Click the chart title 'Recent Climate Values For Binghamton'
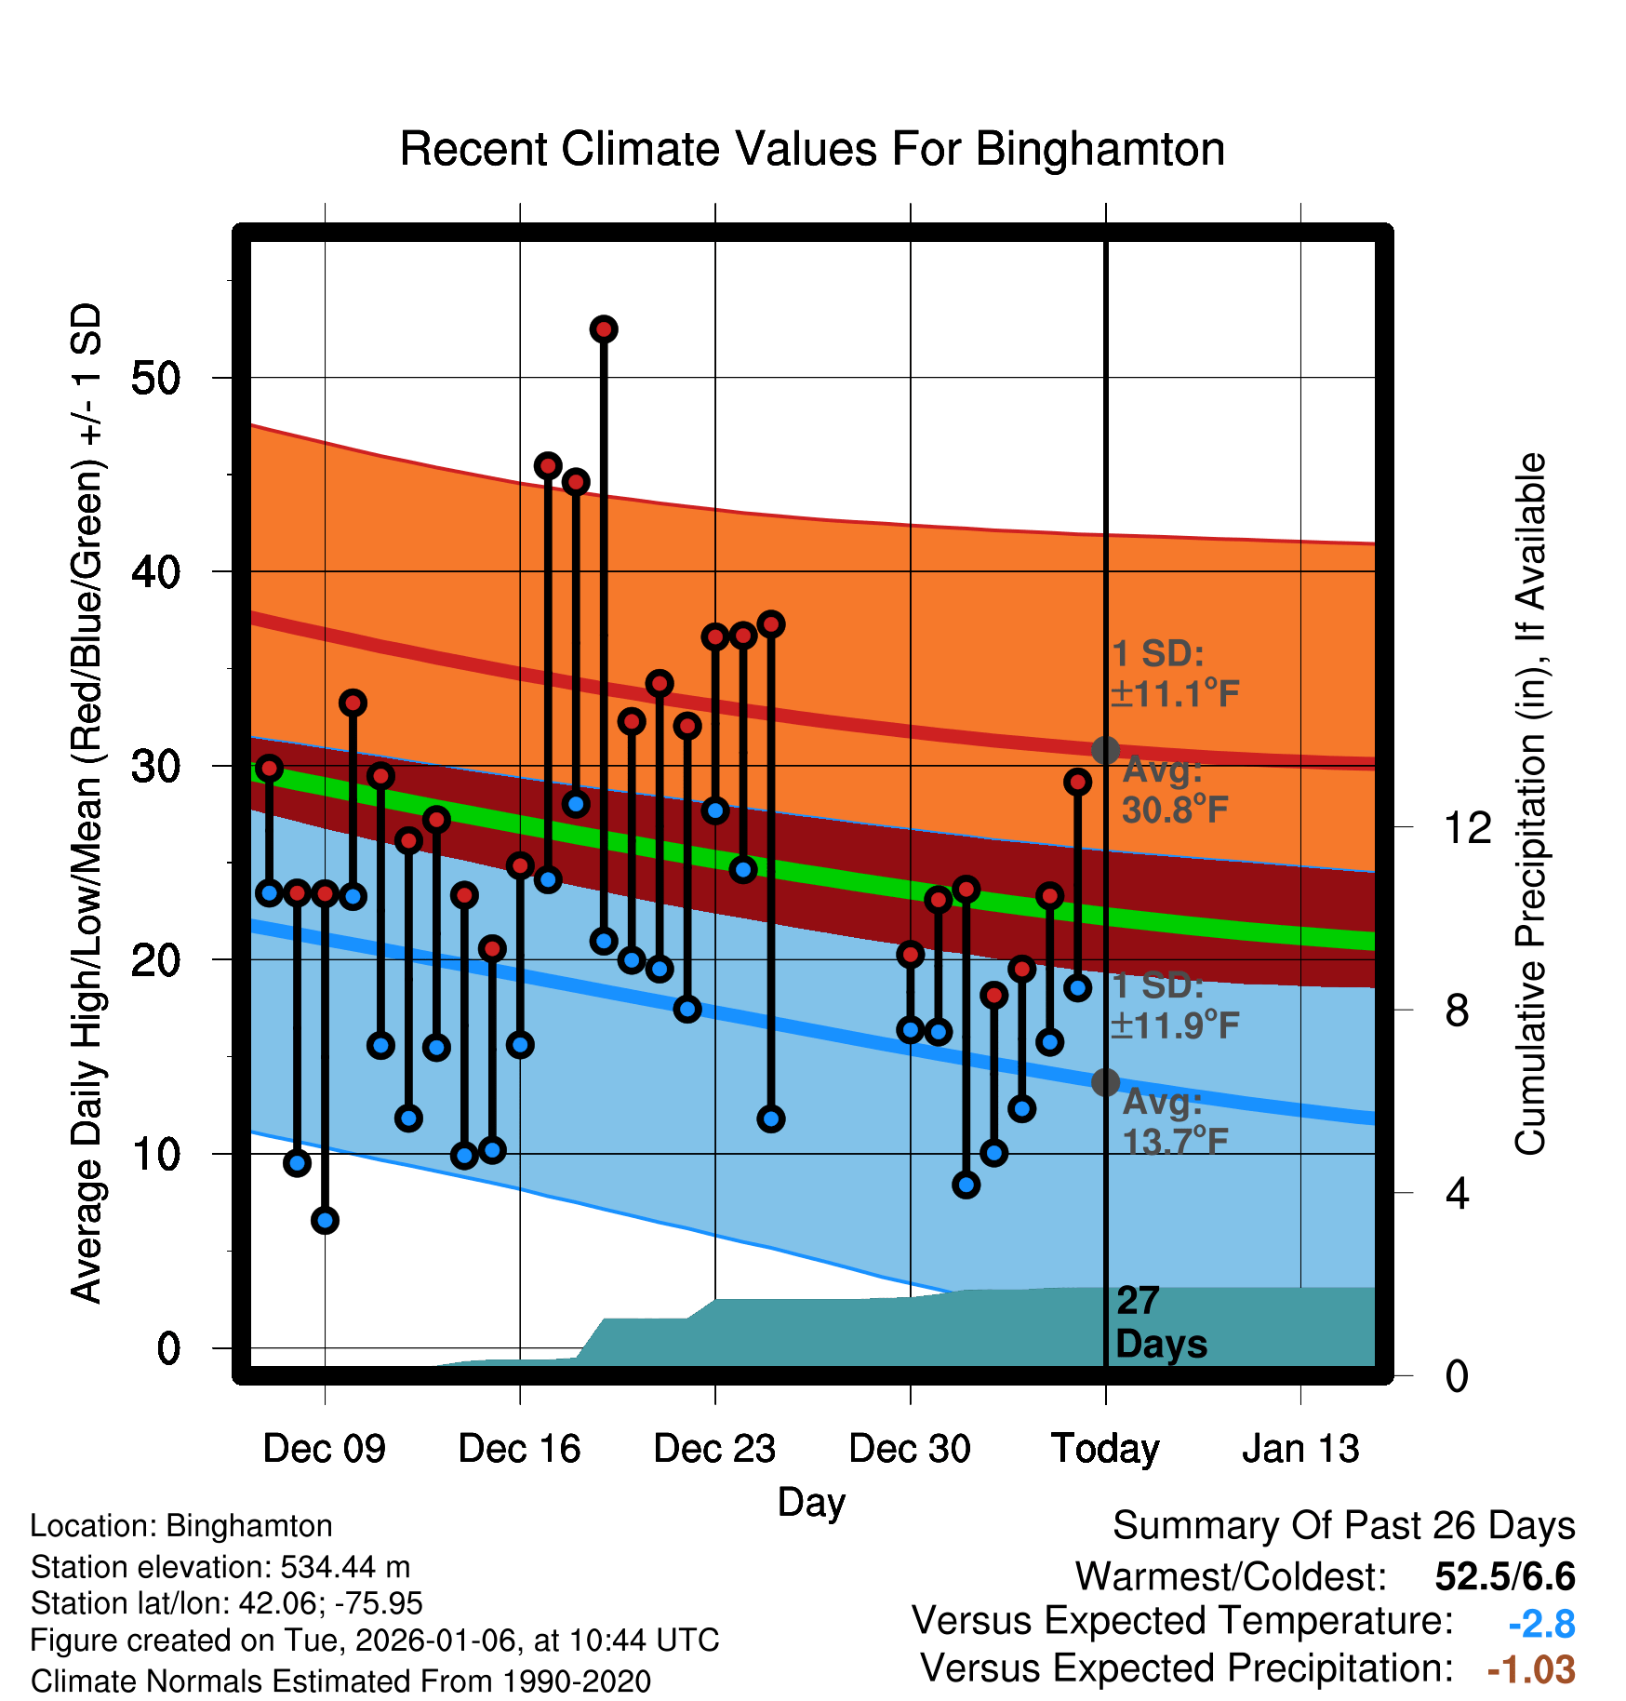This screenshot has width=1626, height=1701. coord(812,149)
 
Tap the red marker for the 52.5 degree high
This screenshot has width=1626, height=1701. coord(604,329)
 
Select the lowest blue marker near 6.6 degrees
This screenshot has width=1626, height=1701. coord(325,1220)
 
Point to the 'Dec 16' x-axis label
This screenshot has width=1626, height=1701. coord(519,1449)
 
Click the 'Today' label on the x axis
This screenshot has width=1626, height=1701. coord(1105,1449)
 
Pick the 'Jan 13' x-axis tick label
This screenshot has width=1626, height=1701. coord(1300,1449)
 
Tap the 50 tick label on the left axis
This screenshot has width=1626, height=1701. coord(155,378)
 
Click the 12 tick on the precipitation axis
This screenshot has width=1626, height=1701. coord(1467,827)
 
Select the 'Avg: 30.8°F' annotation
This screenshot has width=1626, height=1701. coord(1174,791)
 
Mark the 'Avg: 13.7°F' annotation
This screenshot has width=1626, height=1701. coord(1174,1121)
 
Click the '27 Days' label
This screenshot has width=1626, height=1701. coord(1160,1322)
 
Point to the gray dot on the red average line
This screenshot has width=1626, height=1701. coord(1105,750)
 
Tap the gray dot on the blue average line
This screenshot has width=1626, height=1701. coord(1105,1082)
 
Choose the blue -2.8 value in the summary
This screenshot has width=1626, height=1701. coord(1541,1624)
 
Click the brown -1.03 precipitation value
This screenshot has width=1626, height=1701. coord(1531,1669)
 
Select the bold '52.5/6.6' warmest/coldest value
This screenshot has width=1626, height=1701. coord(1504,1576)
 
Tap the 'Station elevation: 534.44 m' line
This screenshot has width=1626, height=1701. coord(220,1567)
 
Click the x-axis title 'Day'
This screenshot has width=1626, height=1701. coord(811,1502)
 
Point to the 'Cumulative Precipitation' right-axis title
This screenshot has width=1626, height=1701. coord(1530,805)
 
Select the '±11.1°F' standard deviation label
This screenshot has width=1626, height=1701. coord(1174,694)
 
